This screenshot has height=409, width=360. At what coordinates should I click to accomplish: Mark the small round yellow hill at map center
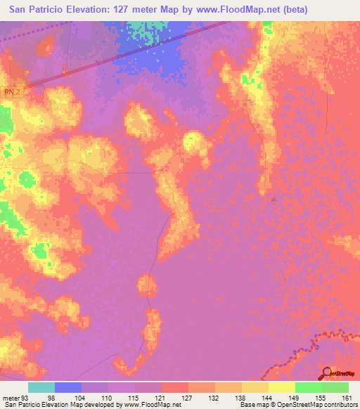pyautogui.click(x=195, y=143)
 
